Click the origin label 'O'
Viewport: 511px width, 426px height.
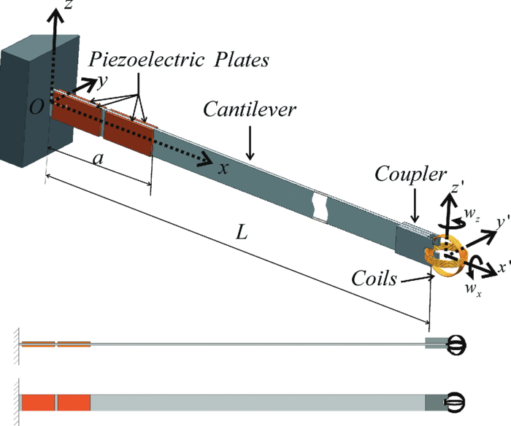click(x=36, y=107)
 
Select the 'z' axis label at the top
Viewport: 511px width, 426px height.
click(x=69, y=10)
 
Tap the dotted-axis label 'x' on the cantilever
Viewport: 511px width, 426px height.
click(x=226, y=167)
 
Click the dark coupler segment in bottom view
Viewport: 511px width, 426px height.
click(x=434, y=402)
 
